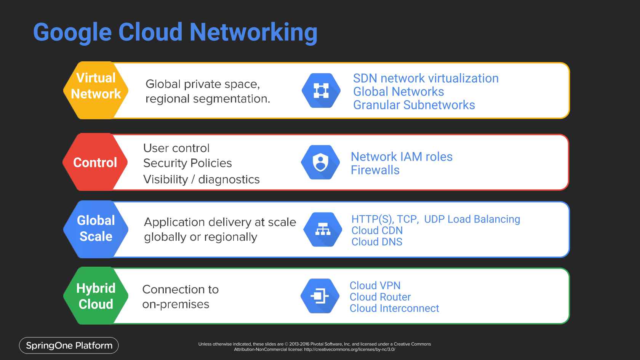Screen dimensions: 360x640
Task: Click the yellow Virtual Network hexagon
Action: (x=95, y=90)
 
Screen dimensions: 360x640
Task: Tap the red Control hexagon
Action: (x=95, y=162)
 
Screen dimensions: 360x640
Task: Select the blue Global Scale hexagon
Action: (x=96, y=229)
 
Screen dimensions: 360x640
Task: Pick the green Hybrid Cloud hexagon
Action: (x=95, y=296)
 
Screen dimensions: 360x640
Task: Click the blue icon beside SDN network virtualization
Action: (x=321, y=91)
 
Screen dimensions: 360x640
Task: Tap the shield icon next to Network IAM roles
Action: (x=320, y=162)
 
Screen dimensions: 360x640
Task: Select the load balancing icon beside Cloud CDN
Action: (x=322, y=229)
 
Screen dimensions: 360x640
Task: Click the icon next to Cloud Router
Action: (x=320, y=296)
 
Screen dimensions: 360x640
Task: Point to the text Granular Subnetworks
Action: (x=414, y=105)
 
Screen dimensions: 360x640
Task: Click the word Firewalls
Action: (x=375, y=170)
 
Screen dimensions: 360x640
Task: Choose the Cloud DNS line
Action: (x=376, y=242)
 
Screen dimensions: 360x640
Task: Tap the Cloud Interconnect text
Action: (x=394, y=308)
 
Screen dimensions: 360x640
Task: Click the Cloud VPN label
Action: (x=375, y=285)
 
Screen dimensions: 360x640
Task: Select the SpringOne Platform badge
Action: (x=69, y=346)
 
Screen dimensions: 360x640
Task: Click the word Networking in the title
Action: (x=253, y=32)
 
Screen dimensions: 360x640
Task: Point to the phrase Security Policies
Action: (x=187, y=163)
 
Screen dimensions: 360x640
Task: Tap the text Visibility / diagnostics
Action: (x=201, y=179)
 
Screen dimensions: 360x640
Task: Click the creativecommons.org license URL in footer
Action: (x=349, y=349)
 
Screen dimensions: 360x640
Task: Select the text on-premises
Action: (x=176, y=304)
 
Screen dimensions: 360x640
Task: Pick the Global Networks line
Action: (x=398, y=92)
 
